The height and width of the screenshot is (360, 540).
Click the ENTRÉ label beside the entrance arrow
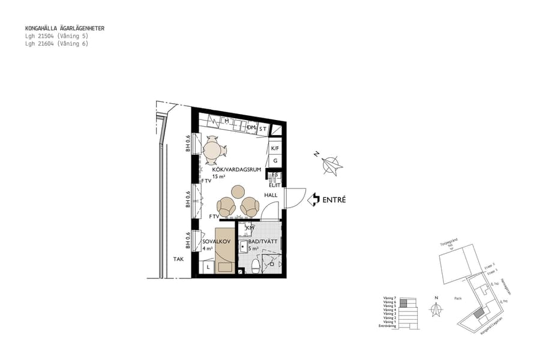tap(334, 200)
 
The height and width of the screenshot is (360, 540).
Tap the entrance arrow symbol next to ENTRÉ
tap(313, 200)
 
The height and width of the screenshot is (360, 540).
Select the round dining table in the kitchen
tap(212, 151)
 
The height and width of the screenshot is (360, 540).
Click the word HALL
tap(271, 195)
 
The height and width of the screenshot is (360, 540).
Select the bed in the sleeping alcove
tap(224, 250)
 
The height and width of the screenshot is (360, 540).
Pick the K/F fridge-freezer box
tap(275, 148)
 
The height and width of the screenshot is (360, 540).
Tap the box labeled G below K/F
tap(275, 161)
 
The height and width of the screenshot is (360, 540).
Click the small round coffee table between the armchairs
tap(238, 191)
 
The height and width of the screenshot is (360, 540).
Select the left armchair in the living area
tap(227, 207)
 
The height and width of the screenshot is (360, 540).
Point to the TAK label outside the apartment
tap(178, 260)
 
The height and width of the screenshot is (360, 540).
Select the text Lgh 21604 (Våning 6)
tap(56, 43)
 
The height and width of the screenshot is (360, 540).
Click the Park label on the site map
tap(458, 298)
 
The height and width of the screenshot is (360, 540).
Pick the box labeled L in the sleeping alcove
tap(208, 266)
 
